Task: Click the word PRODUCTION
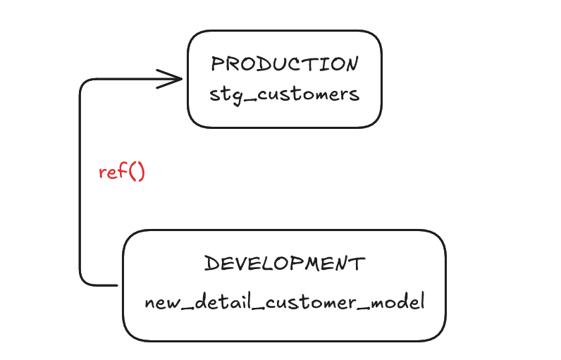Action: [285, 64]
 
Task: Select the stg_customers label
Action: [285, 95]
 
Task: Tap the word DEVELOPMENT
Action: [285, 263]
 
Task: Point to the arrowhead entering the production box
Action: [169, 79]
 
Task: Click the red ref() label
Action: [122, 172]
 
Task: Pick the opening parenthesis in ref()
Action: [131, 172]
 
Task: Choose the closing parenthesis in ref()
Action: [141, 172]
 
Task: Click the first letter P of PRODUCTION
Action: [216, 64]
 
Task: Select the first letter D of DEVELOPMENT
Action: [211, 263]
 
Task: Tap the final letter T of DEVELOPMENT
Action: [358, 263]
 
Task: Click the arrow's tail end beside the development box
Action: [118, 285]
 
